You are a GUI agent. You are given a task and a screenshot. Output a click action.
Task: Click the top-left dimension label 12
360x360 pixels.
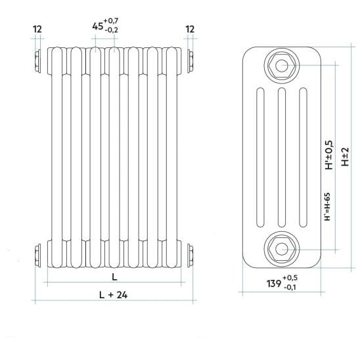[37, 30]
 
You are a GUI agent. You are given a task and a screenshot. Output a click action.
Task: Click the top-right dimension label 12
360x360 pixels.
[190, 30]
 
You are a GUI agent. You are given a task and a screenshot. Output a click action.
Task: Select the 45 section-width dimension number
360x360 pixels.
[98, 26]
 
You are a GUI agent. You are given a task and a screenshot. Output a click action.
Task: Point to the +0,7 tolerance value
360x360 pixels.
[111, 21]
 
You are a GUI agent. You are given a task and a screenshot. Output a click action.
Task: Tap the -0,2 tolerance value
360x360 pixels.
[112, 30]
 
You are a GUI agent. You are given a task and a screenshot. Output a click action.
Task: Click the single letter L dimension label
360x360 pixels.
[114, 277]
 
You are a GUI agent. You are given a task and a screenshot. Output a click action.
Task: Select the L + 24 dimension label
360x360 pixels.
[114, 295]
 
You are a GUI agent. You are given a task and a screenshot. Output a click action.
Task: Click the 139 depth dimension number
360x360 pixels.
[274, 284]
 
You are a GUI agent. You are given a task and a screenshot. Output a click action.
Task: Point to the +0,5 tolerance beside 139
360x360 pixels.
[290, 278]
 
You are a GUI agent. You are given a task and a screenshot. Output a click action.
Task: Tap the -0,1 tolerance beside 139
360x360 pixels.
[290, 287]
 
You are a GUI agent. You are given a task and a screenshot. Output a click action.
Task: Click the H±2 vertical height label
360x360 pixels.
[345, 157]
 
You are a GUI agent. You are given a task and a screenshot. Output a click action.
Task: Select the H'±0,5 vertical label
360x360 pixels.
[328, 155]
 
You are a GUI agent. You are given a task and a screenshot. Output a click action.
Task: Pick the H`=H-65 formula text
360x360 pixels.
[327, 207]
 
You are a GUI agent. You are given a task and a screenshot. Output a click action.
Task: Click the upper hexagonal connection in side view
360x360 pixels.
[281, 66]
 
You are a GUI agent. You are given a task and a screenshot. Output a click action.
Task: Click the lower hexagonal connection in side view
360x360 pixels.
[281, 250]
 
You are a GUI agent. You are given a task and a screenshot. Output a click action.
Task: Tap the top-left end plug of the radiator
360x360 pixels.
[37, 61]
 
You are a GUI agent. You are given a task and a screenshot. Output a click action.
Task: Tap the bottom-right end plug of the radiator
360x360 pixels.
[191, 256]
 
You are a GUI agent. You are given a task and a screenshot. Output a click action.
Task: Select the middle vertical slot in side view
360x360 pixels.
[282, 158]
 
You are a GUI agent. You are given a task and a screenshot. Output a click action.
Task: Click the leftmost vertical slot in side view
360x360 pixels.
[260, 158]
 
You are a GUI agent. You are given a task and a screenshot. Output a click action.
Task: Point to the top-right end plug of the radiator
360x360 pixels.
[191, 61]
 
